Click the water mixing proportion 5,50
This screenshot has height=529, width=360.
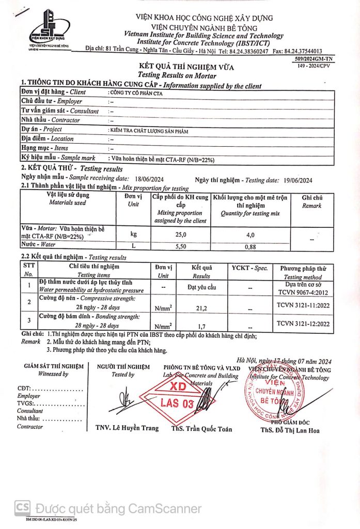coord(180,246)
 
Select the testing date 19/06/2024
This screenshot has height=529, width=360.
coord(298,180)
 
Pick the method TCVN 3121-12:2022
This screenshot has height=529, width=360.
coord(303,324)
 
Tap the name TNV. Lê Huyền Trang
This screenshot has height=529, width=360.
coord(127,428)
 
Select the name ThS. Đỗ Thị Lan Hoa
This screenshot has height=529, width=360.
coord(290,430)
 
